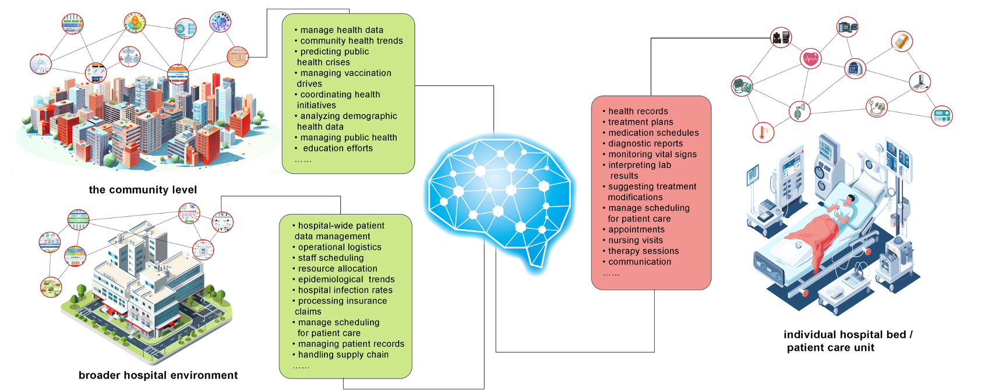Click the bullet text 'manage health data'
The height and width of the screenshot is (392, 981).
pyautogui.click(x=341, y=30)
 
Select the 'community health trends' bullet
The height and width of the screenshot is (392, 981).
pyautogui.click(x=351, y=41)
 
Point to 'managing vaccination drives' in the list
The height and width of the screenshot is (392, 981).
pyautogui.click(x=345, y=79)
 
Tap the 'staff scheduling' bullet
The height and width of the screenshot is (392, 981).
pyautogui.click(x=330, y=258)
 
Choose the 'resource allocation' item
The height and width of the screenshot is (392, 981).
pyautogui.click(x=337, y=269)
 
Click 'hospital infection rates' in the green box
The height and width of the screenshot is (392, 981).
pyautogui.click(x=345, y=290)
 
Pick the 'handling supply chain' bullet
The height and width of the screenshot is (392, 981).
pyautogui.click(x=343, y=355)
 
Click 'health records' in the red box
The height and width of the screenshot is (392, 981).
pyautogui.click(x=638, y=111)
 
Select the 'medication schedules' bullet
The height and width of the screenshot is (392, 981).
pyautogui.click(x=653, y=133)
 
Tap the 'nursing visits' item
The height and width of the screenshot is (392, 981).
pyautogui.click(x=636, y=240)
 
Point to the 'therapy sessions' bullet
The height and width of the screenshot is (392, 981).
pyautogui.click(x=643, y=251)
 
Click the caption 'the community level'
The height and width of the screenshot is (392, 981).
pyautogui.click(x=143, y=190)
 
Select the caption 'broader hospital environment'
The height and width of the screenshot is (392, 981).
pyautogui.click(x=158, y=375)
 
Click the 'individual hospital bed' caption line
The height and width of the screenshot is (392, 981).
pyautogui.click(x=848, y=334)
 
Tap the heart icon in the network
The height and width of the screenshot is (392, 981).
pyautogui.click(x=810, y=58)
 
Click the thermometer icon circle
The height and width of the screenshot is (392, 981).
pyautogui.click(x=763, y=133)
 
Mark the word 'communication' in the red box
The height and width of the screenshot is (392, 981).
pyautogui.click(x=640, y=262)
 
